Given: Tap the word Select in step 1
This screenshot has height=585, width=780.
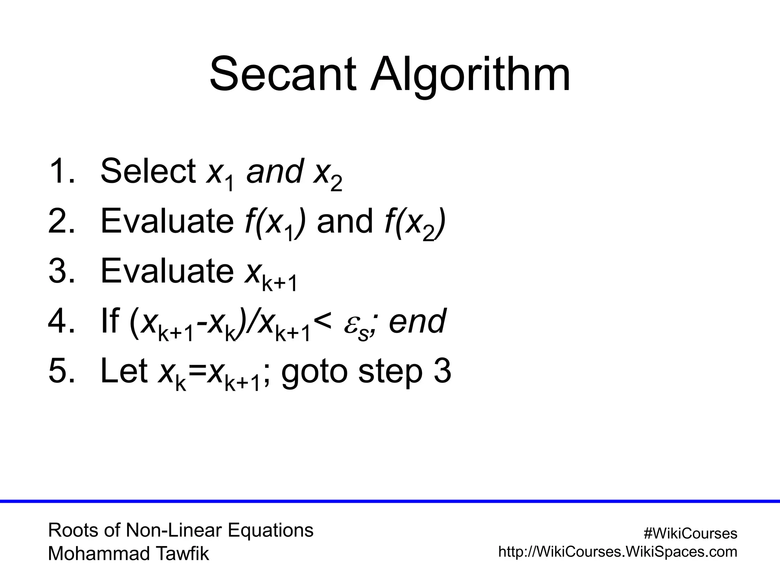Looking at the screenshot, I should pos(148,171).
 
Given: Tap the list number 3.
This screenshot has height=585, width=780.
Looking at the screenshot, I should pos(58,271).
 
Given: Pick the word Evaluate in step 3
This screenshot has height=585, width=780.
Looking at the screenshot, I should pos(167,271).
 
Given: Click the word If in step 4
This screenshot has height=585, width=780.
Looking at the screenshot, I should pos(110,321).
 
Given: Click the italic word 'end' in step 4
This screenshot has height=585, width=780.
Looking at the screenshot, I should pos(417,322).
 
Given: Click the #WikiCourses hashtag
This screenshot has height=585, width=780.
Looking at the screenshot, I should pos(690,534).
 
